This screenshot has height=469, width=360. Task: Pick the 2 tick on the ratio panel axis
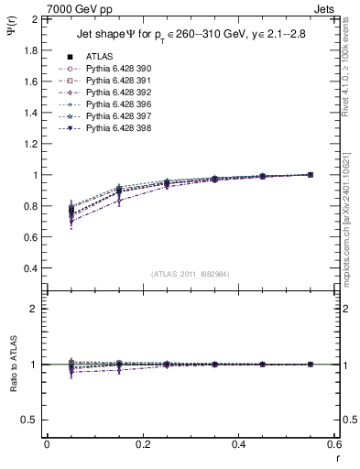point(33,310)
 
